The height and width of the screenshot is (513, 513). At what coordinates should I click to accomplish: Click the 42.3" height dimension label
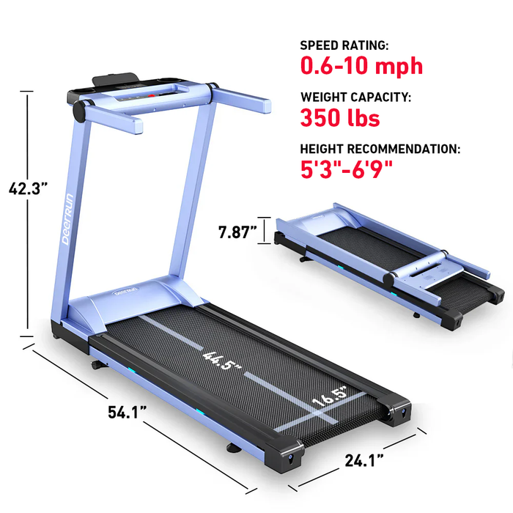[29, 188]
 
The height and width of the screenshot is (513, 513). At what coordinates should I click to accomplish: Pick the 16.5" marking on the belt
[328, 401]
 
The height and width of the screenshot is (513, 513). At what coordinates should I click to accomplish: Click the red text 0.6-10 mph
[361, 66]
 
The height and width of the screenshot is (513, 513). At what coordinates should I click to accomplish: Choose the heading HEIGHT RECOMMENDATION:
[380, 149]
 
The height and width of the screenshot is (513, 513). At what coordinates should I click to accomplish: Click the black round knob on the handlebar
[77, 111]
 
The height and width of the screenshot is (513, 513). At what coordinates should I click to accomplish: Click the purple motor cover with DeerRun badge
[132, 298]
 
